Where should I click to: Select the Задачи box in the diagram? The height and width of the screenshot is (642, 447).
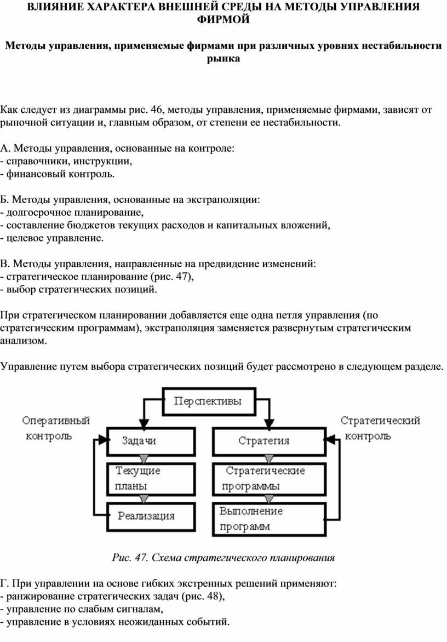click(x=151, y=441)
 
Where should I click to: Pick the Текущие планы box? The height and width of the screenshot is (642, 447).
click(x=151, y=478)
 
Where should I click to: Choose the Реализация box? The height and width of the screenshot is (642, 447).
click(x=151, y=515)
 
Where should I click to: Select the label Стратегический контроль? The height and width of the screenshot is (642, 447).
click(x=380, y=428)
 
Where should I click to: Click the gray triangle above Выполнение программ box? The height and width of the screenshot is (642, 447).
click(x=270, y=498)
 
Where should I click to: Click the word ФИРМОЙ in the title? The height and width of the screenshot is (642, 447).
click(x=224, y=20)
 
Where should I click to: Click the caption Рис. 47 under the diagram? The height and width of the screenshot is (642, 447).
click(x=223, y=558)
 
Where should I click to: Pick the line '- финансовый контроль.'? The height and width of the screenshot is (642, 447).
click(x=58, y=174)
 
